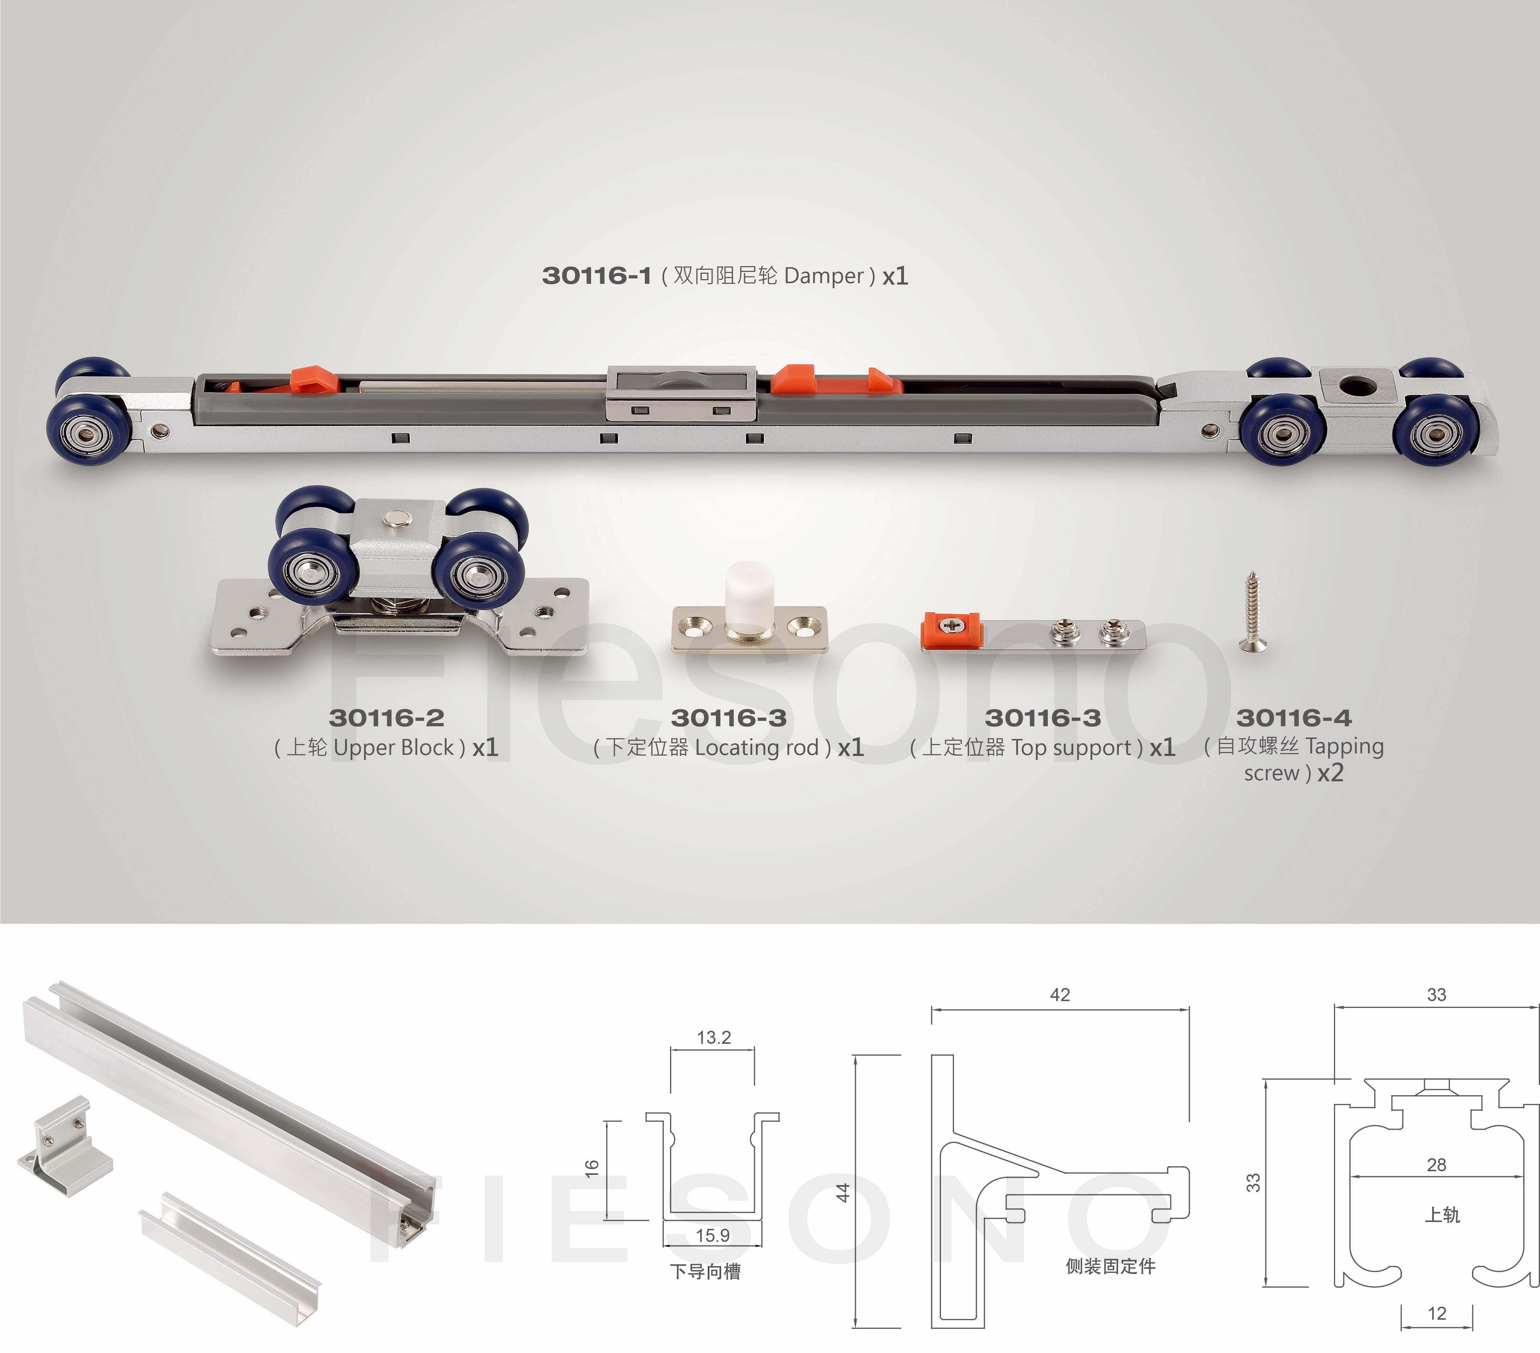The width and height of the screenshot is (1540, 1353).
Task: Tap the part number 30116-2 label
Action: tap(386, 718)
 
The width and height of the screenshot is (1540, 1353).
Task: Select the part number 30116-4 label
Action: tap(1294, 718)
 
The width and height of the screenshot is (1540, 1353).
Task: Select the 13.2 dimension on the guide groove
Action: tap(713, 1037)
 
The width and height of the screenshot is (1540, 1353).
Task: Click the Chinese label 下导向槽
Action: tap(705, 1272)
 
